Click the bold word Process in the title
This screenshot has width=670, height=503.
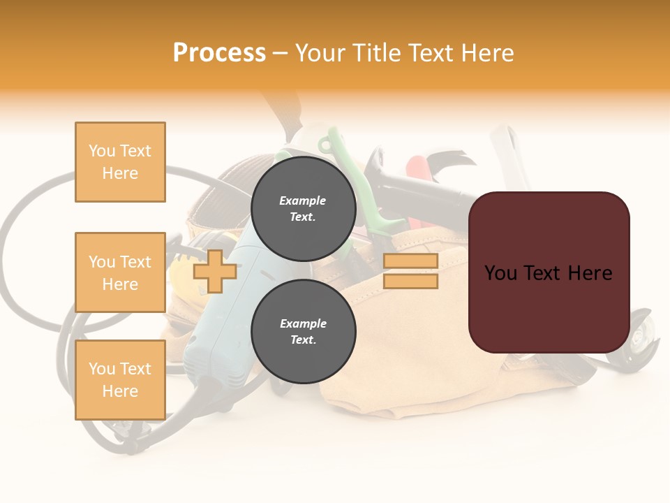click(x=219, y=52)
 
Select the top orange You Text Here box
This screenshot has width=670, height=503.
click(x=120, y=162)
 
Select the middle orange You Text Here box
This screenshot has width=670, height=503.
click(x=120, y=272)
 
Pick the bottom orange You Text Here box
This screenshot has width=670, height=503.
click(x=120, y=379)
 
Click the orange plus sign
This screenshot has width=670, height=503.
click(x=215, y=271)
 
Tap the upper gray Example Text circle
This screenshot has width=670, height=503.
click(x=303, y=208)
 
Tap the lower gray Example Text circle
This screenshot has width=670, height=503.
click(x=303, y=331)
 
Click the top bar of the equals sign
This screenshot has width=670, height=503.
click(x=410, y=261)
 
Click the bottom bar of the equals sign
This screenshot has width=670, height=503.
click(x=410, y=281)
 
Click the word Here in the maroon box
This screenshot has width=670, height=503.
click(x=590, y=273)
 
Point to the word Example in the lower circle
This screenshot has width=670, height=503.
click(x=303, y=323)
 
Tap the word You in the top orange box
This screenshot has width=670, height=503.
click(x=101, y=151)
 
